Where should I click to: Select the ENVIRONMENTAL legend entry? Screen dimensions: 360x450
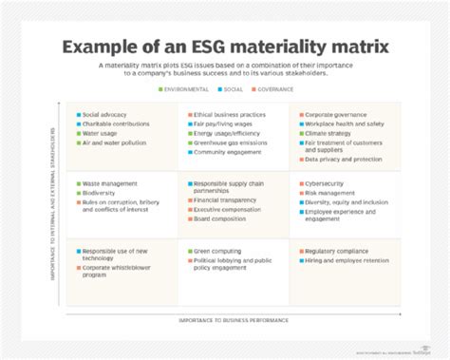(187, 87)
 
